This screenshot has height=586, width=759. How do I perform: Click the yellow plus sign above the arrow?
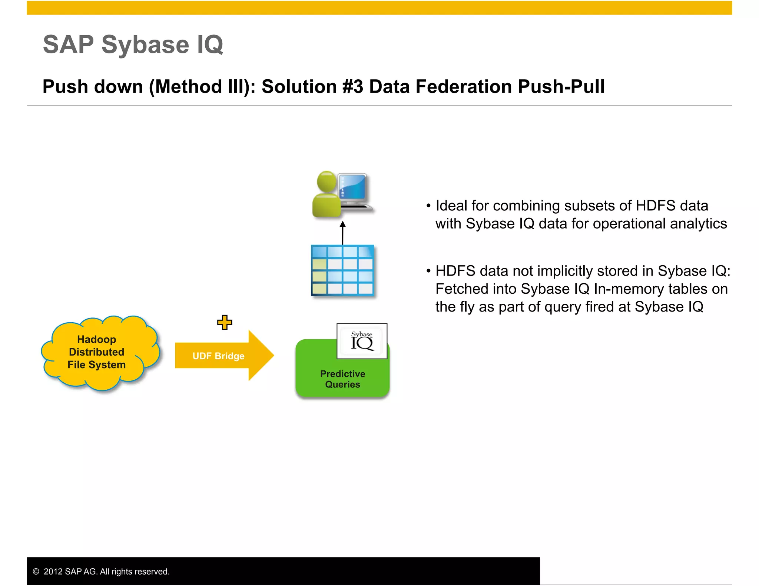pyautogui.click(x=225, y=322)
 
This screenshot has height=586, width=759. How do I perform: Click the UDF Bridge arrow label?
pyautogui.click(x=218, y=356)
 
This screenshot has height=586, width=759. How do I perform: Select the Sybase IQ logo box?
pyautogui.click(x=362, y=341)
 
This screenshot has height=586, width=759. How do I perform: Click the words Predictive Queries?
pyautogui.click(x=342, y=379)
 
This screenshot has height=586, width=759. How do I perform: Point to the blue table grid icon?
pyautogui.click(x=342, y=270)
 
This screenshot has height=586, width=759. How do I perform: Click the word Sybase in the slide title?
pyautogui.click(x=145, y=44)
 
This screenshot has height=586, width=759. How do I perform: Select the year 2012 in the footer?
pyautogui.click(x=53, y=572)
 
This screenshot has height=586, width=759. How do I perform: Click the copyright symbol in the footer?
pyautogui.click(x=36, y=572)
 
